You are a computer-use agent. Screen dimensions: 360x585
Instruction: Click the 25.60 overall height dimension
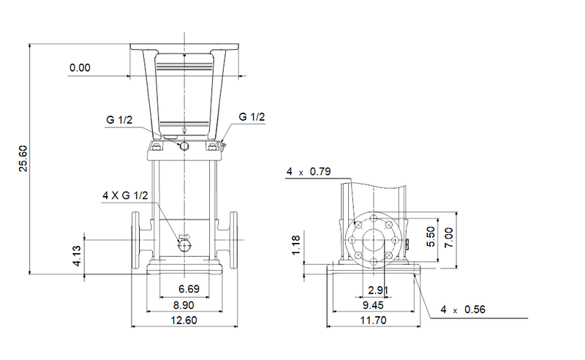tap(23, 158)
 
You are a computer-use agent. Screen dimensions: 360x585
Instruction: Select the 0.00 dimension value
tap(80, 68)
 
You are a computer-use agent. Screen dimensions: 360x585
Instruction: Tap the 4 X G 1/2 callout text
tap(126, 195)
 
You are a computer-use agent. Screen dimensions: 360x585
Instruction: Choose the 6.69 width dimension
tap(179, 290)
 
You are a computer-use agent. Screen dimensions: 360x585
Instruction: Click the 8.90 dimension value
tap(179, 305)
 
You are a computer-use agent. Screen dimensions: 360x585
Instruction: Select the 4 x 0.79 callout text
tap(309, 172)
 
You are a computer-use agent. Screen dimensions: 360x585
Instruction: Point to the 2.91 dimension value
tap(377, 290)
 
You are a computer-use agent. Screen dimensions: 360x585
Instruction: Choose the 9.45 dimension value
tap(373, 305)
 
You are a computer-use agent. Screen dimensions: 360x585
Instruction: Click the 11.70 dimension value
tap(373, 320)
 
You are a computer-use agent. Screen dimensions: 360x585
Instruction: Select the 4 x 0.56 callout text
tap(463, 311)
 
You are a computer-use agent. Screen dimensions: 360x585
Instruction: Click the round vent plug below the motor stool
tap(185, 146)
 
